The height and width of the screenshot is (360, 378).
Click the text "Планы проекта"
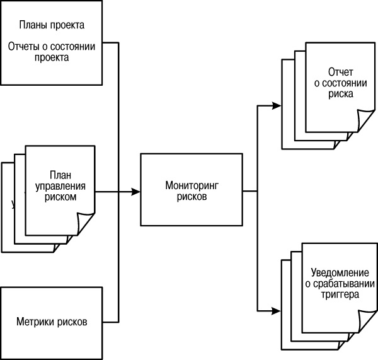[x=52, y=26]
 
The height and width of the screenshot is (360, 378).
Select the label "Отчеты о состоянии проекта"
[x=52, y=51]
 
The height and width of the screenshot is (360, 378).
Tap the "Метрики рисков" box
[x=52, y=321]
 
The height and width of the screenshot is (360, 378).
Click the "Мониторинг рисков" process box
[x=191, y=190]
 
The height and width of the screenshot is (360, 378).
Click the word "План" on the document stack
[x=60, y=176]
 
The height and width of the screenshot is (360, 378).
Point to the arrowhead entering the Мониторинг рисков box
[x=135, y=190]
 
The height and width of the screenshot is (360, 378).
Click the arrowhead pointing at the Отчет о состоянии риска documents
[x=277, y=105]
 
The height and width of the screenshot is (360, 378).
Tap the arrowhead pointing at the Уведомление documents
[x=277, y=310]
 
